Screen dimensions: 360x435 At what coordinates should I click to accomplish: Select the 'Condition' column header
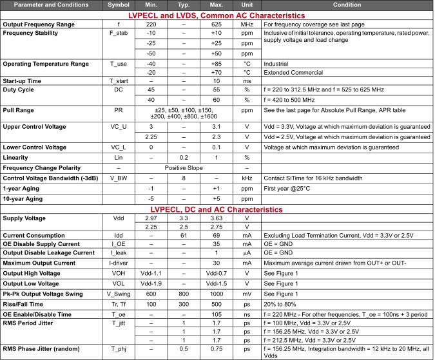pos(347,5)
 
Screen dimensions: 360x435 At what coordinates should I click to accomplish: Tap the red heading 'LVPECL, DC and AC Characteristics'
pos(217,210)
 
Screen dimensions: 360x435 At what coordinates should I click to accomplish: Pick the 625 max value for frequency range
pos(217,24)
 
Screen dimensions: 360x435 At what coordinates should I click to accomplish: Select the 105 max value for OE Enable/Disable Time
pos(217,314)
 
